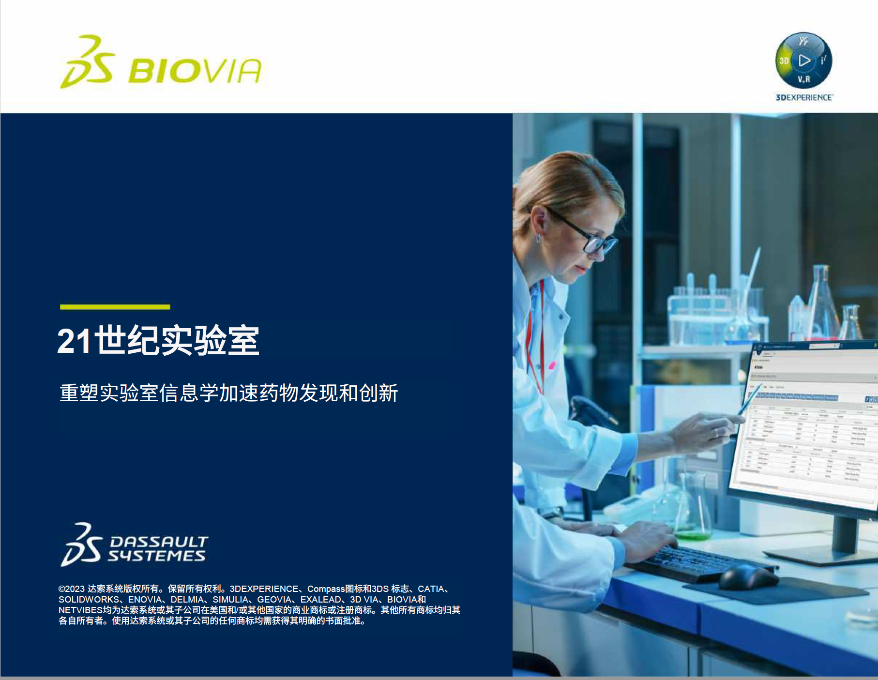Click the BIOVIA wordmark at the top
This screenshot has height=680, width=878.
pyautogui.click(x=195, y=71)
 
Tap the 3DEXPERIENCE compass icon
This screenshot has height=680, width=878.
pyautogui.click(x=803, y=61)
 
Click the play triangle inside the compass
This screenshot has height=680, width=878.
pyautogui.click(x=804, y=60)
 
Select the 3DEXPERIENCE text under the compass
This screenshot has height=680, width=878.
pyautogui.click(x=804, y=97)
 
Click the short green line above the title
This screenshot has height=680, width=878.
pyautogui.click(x=115, y=307)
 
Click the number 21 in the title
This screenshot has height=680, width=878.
pyautogui.click(x=74, y=341)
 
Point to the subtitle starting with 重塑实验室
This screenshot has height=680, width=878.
pyautogui.click(x=228, y=393)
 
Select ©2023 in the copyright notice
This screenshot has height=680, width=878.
pyautogui.click(x=71, y=589)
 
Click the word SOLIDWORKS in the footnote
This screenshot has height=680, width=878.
pyautogui.click(x=89, y=600)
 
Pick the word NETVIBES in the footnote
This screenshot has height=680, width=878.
pyautogui.click(x=80, y=610)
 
